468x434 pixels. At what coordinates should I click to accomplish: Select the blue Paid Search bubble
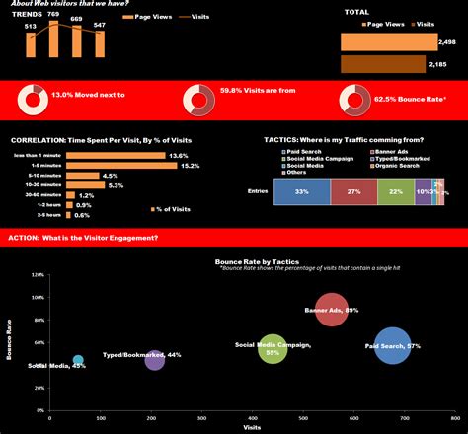[x=392, y=346]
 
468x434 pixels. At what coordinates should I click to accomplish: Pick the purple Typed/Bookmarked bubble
[x=155, y=359]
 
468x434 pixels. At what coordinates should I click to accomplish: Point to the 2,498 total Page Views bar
[x=387, y=42]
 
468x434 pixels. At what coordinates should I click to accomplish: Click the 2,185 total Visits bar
[x=387, y=64]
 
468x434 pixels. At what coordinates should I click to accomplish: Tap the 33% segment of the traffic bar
[x=299, y=191]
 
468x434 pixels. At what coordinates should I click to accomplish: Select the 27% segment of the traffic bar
[x=352, y=191]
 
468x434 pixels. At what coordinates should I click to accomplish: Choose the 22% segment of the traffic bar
[x=395, y=191]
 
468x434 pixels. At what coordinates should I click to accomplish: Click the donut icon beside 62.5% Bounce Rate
[x=351, y=99]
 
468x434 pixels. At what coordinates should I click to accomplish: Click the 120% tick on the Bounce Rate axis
[x=38, y=274]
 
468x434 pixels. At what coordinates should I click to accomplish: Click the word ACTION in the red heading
[x=22, y=238]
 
